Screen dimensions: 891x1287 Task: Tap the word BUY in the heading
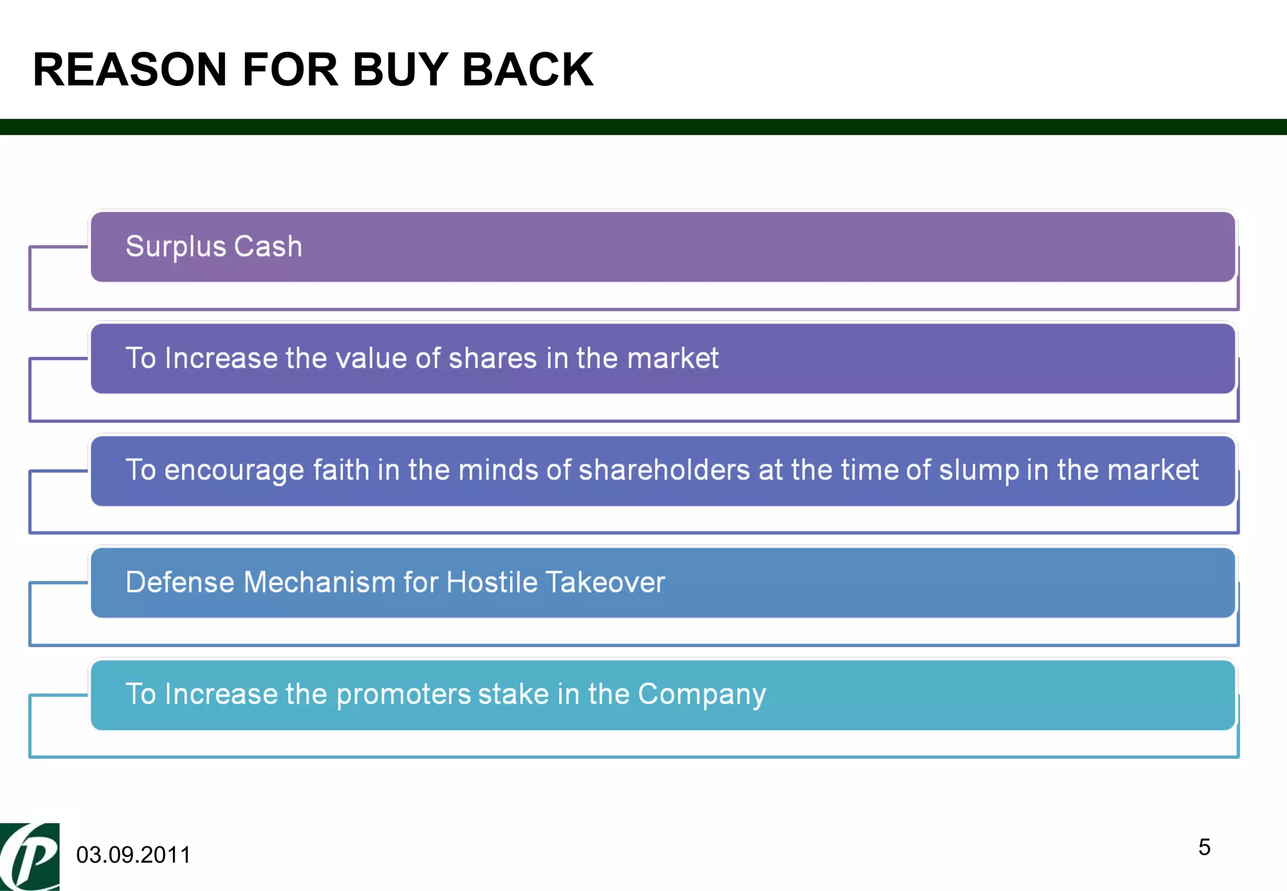(x=400, y=69)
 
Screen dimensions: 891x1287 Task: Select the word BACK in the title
(x=527, y=69)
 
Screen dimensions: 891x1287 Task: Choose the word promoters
(x=403, y=695)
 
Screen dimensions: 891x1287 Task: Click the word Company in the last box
(x=701, y=695)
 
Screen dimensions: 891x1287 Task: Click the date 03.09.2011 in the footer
(x=133, y=855)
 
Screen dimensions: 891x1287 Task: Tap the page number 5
(x=1204, y=847)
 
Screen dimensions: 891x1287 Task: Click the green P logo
(x=30, y=857)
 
